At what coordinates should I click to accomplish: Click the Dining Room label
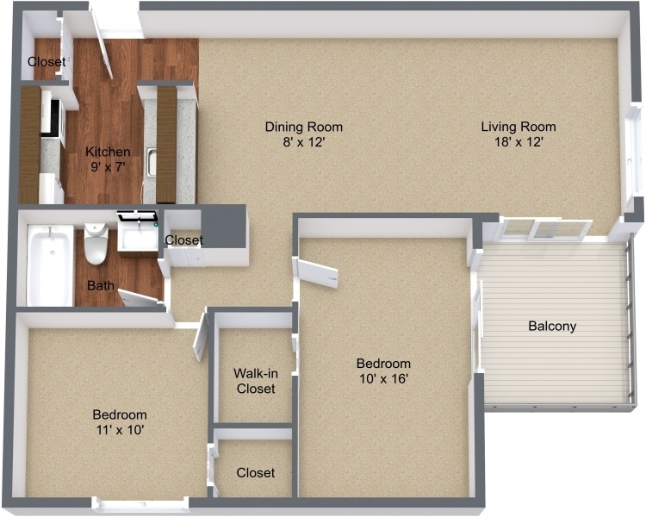point(297,128)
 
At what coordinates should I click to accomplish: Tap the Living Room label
point(518,128)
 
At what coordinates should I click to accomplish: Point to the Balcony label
point(551,327)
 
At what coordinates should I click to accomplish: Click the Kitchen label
point(108,153)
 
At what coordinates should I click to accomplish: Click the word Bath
point(100,285)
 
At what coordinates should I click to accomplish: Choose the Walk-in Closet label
point(254,381)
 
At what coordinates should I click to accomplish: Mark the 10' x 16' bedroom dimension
point(383,378)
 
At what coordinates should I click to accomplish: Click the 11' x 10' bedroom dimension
point(119,429)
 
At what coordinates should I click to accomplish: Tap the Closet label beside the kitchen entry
point(47,62)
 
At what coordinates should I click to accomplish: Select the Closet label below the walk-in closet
point(255,473)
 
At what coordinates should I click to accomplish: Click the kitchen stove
point(52,121)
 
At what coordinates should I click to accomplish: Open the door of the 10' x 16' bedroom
point(316,272)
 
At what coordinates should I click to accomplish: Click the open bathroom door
point(140,298)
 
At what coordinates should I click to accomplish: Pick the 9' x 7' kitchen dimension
point(108,168)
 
